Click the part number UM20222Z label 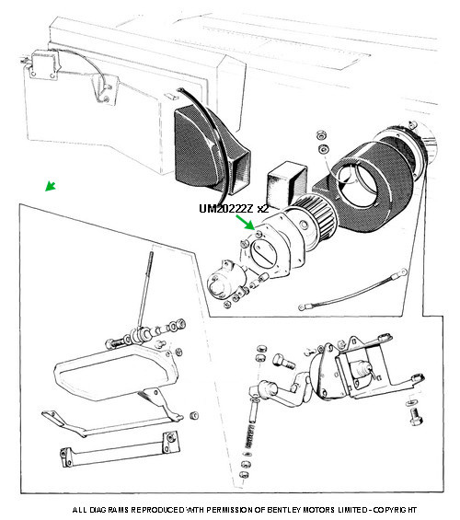226,209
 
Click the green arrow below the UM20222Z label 246,222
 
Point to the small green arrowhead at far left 51,186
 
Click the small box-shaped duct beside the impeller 286,183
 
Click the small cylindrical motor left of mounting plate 224,279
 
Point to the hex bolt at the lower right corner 416,417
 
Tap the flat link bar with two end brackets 120,449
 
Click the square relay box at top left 43,64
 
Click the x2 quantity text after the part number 262,209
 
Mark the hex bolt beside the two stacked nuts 284,361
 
